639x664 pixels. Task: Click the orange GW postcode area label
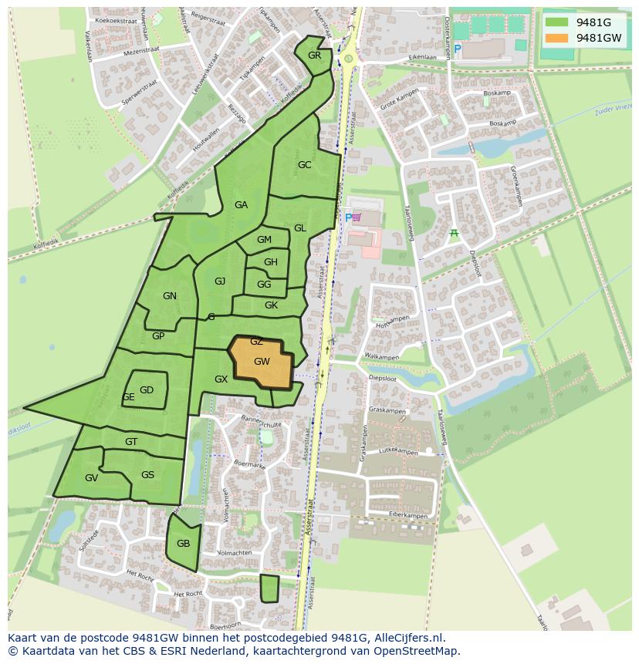262,361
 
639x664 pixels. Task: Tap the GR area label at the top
314,56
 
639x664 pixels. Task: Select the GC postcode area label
304,165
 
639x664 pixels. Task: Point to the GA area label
241,205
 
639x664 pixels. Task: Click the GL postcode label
300,228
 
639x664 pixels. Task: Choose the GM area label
264,240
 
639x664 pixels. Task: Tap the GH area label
270,262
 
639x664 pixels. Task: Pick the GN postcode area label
170,296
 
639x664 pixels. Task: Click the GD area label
147,390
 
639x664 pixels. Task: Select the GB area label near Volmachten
183,544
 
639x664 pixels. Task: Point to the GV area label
91,478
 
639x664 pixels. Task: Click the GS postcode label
147,475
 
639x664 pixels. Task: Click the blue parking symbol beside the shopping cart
348,218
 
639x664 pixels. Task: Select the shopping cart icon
357,218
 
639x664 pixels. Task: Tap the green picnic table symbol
454,233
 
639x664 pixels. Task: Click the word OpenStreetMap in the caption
417,651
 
